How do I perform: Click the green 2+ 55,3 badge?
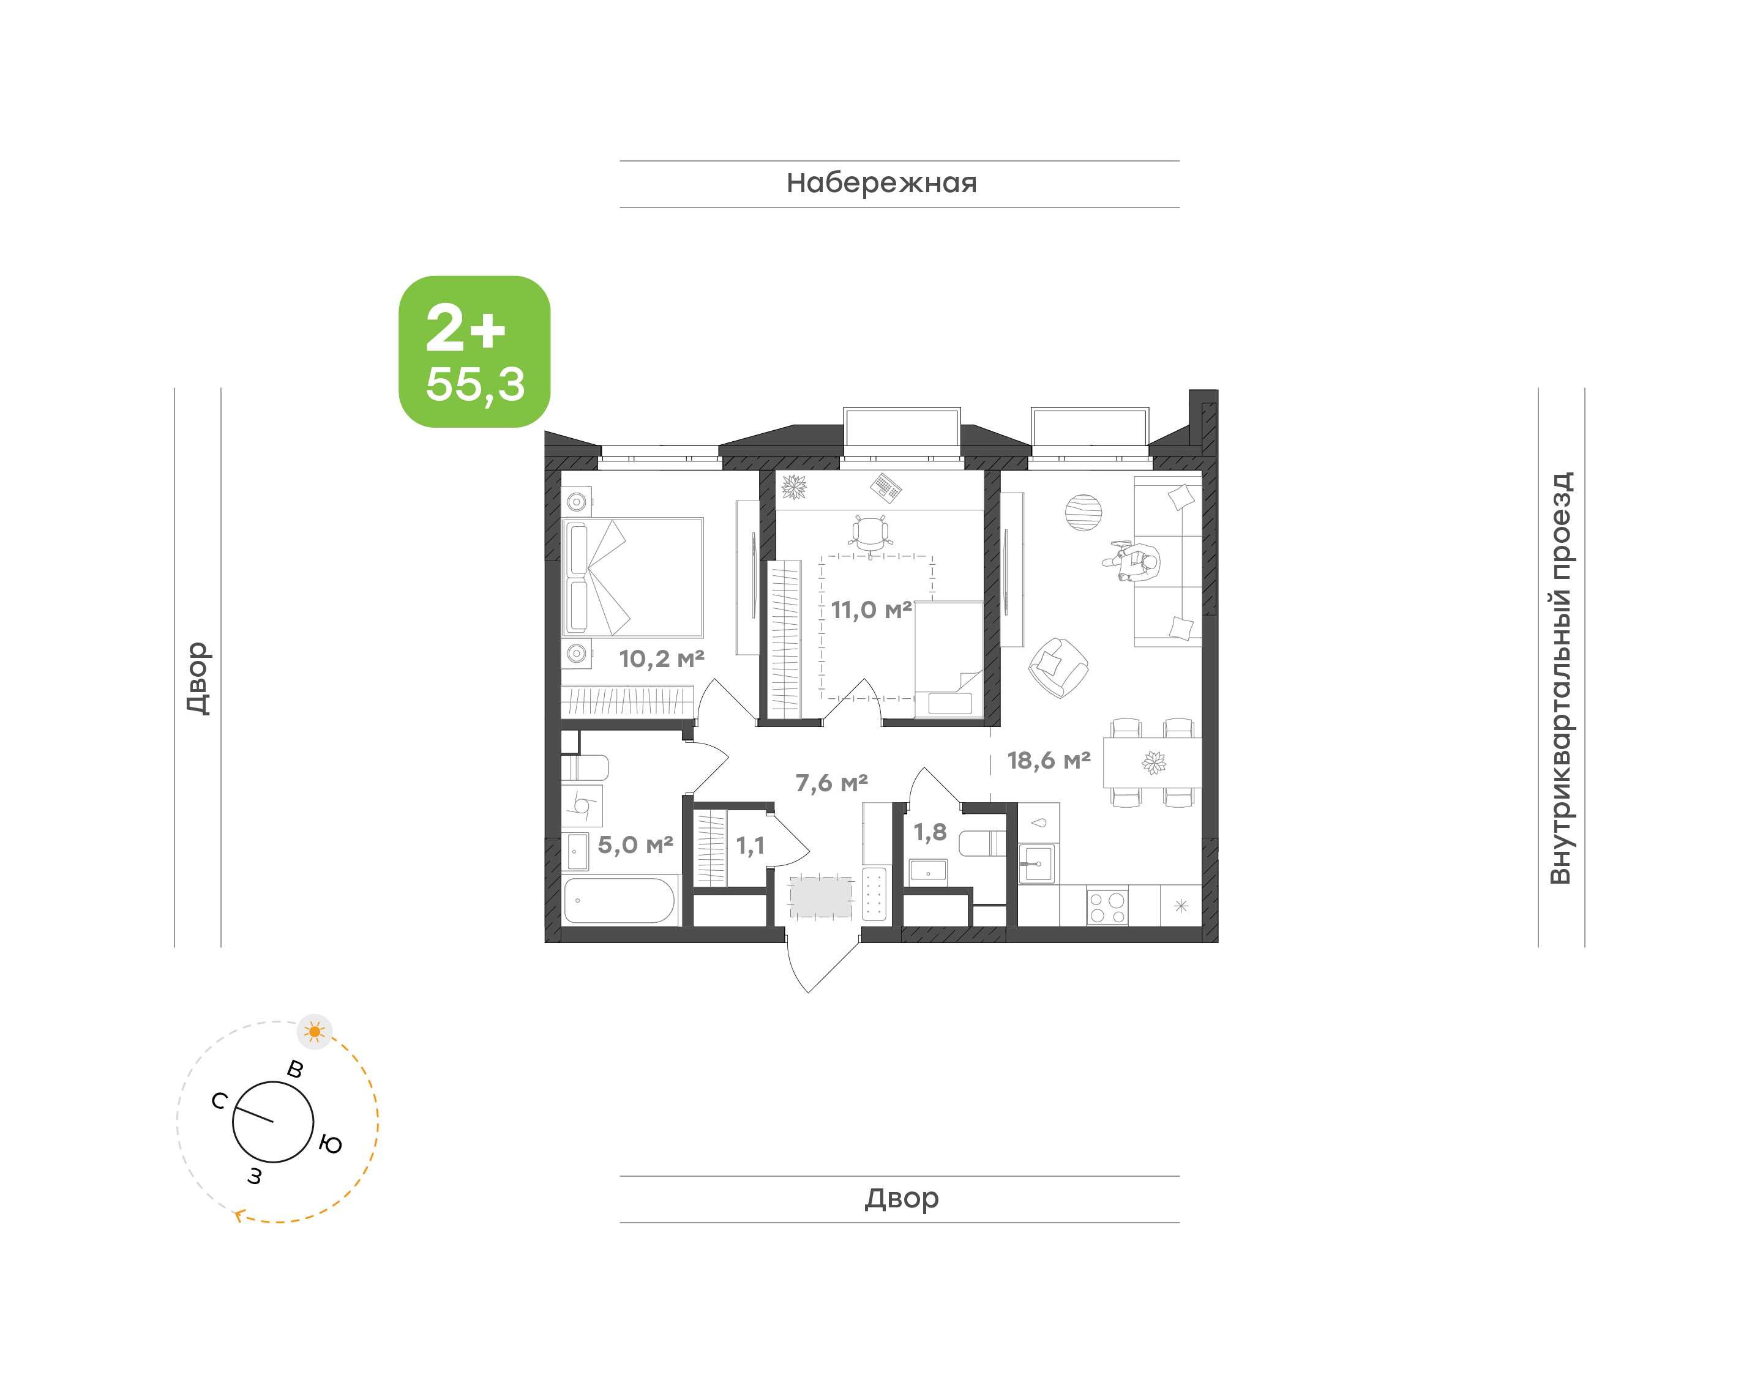(x=474, y=351)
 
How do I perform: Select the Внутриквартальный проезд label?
(x=1560, y=678)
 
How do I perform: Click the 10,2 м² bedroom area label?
(x=662, y=658)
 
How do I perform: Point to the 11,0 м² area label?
(x=871, y=609)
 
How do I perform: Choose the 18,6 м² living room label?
(x=1049, y=760)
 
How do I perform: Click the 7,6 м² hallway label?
(x=832, y=783)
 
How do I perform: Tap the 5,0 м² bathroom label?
(x=635, y=844)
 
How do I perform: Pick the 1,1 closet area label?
(x=750, y=846)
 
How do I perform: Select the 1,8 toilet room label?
(x=930, y=832)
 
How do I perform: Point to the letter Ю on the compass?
(x=331, y=1144)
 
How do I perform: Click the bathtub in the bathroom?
(x=619, y=900)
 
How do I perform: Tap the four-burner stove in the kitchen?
(x=1107, y=907)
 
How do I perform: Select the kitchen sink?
(x=1038, y=864)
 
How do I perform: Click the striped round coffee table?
(x=1084, y=513)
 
